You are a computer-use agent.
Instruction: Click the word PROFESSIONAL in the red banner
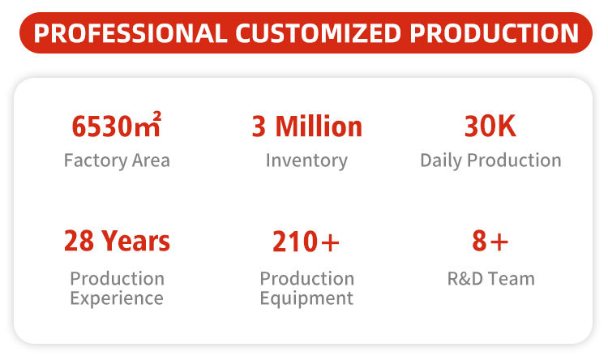point(131,33)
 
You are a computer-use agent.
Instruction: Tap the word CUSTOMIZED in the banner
point(318,33)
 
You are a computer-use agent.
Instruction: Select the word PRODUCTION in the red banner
point(494,33)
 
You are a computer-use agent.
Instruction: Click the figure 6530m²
point(116,125)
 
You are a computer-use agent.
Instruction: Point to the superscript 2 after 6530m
point(157,116)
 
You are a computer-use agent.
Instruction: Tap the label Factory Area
point(117,161)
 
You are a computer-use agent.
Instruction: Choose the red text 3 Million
point(306,126)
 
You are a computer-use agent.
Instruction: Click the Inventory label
point(306,161)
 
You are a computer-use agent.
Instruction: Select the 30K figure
point(490,126)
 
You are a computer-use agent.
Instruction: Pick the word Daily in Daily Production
point(441,161)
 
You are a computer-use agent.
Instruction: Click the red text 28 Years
point(117,241)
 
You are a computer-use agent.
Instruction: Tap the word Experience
point(117,298)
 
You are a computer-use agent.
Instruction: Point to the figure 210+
point(306,242)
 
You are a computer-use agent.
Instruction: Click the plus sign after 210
point(331,243)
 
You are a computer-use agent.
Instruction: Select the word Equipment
point(306,298)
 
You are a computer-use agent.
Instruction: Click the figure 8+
point(490,241)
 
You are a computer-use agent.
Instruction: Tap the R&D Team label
point(491,279)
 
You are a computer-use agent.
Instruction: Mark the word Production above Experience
point(117,279)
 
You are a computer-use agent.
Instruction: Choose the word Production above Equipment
point(307,279)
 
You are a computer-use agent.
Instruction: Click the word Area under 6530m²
point(151,161)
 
